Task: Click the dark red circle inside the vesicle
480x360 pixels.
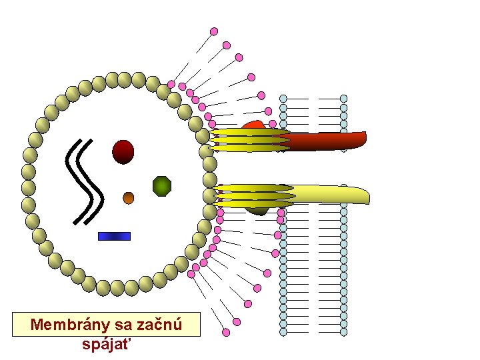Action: click(x=123, y=152)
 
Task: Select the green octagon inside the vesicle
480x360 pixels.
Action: click(x=162, y=186)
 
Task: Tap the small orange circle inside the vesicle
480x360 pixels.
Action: click(x=129, y=197)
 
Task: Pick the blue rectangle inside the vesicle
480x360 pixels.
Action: click(x=114, y=236)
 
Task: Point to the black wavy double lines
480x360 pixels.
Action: click(x=85, y=180)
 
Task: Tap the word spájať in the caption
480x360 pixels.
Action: click(x=107, y=345)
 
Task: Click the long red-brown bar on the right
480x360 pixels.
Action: click(x=327, y=141)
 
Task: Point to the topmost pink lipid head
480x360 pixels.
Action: click(x=214, y=31)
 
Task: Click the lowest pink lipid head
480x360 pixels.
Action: click(x=226, y=332)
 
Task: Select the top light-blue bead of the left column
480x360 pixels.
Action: click(x=283, y=99)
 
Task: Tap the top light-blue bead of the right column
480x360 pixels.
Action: click(x=343, y=99)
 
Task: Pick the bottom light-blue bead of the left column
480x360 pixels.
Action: click(x=283, y=331)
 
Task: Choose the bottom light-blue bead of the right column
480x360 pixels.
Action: click(x=343, y=331)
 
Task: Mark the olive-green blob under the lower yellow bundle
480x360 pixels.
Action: click(x=257, y=210)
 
